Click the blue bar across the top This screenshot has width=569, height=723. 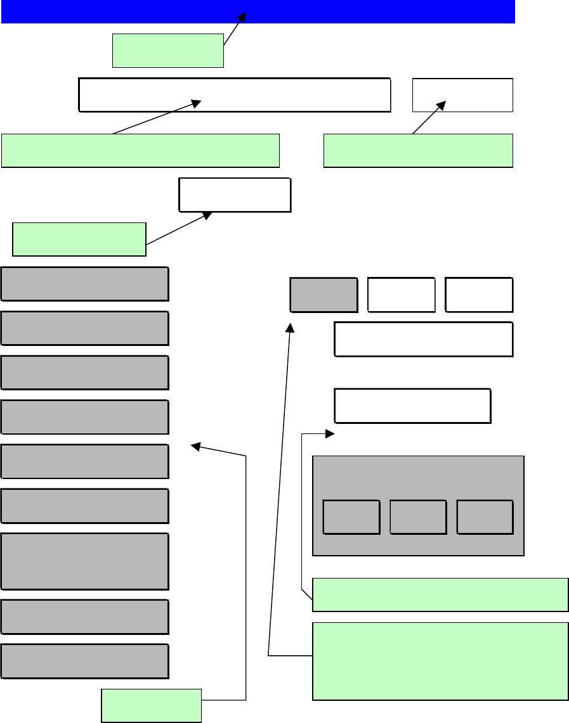(258, 11)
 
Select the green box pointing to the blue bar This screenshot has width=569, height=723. (167, 51)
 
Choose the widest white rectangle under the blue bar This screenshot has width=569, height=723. (234, 95)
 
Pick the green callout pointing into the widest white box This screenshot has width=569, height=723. (140, 150)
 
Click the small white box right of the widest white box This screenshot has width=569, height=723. (462, 95)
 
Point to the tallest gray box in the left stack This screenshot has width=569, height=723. (84, 561)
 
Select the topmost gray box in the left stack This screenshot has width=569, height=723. (84, 283)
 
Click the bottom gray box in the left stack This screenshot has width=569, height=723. (84, 661)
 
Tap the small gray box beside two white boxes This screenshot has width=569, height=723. (324, 295)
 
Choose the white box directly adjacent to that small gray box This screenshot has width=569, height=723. (402, 295)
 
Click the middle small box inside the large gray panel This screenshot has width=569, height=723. (418, 517)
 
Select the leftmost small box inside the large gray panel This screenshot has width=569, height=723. (351, 517)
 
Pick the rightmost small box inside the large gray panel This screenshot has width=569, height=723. (485, 517)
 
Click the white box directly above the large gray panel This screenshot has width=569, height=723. (412, 406)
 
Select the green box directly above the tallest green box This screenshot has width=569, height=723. (440, 594)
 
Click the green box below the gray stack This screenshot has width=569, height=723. (151, 705)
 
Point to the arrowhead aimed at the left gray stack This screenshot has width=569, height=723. (196, 447)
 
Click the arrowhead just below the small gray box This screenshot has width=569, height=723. (291, 328)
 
